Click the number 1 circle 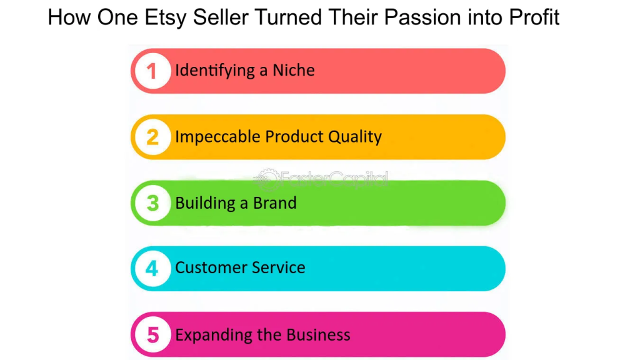[x=152, y=71]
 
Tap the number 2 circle [x=152, y=137]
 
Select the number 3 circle [x=152, y=203]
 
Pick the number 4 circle [x=152, y=269]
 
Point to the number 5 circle [x=152, y=335]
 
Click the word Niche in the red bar [x=294, y=70]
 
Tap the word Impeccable [x=218, y=137]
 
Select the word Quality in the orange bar [x=355, y=137]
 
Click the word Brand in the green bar [x=275, y=203]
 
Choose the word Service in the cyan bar [x=279, y=267]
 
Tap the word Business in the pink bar [x=318, y=335]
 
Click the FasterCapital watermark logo [x=321, y=179]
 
